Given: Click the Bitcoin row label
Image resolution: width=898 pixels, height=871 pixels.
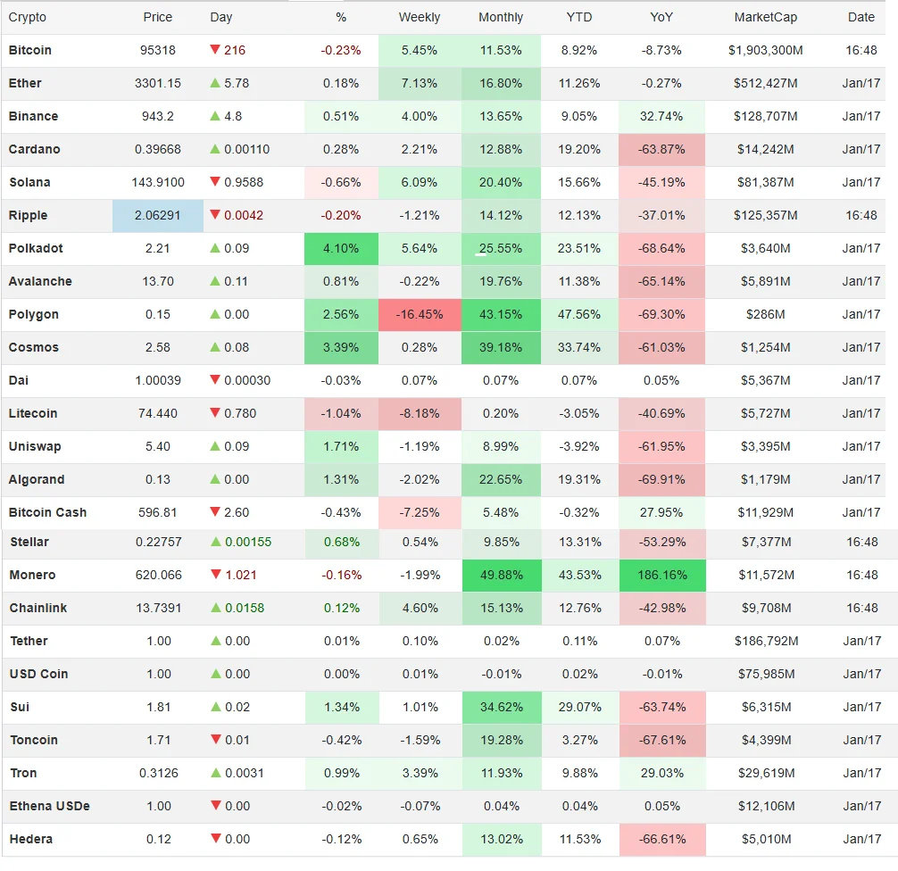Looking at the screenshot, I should tap(30, 51).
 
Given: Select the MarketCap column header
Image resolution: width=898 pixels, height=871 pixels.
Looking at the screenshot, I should tap(765, 18).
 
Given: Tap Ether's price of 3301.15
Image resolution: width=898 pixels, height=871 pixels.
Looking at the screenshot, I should tap(158, 84).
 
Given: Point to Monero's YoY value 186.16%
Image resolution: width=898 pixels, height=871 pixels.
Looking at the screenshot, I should tap(661, 576).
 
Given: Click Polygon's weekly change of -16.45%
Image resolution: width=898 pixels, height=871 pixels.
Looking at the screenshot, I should tap(419, 315).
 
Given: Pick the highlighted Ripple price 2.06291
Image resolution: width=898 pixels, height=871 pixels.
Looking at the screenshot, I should tap(158, 216).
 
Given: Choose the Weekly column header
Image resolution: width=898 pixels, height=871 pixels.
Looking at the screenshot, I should tap(419, 18).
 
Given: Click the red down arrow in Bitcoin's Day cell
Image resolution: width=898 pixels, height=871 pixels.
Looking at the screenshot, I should tap(214, 50).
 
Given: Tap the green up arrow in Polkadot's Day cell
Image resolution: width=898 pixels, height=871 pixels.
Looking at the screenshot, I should tap(214, 248).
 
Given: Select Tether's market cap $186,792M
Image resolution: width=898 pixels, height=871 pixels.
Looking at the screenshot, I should tap(765, 642).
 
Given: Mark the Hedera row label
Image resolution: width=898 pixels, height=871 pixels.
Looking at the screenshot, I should tap(31, 840).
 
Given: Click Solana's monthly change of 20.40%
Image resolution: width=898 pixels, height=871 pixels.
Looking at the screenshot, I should tap(501, 183).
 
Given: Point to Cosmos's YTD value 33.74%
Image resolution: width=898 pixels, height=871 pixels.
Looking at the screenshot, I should tap(580, 348).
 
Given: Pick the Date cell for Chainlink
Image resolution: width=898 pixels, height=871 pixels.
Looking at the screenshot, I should tap(861, 609).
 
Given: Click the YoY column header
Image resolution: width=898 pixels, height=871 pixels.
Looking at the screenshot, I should tap(661, 18).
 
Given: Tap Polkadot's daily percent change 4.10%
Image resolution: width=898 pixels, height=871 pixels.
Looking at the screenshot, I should tap(341, 249).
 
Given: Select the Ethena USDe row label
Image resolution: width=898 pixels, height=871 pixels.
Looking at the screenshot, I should tap(49, 807).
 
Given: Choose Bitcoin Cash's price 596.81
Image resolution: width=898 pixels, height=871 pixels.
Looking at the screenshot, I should tap(158, 513).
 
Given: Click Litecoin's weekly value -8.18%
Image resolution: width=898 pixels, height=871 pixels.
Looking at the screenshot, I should tap(419, 414).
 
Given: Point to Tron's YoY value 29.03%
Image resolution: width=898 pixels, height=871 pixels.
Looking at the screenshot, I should tap(661, 774).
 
